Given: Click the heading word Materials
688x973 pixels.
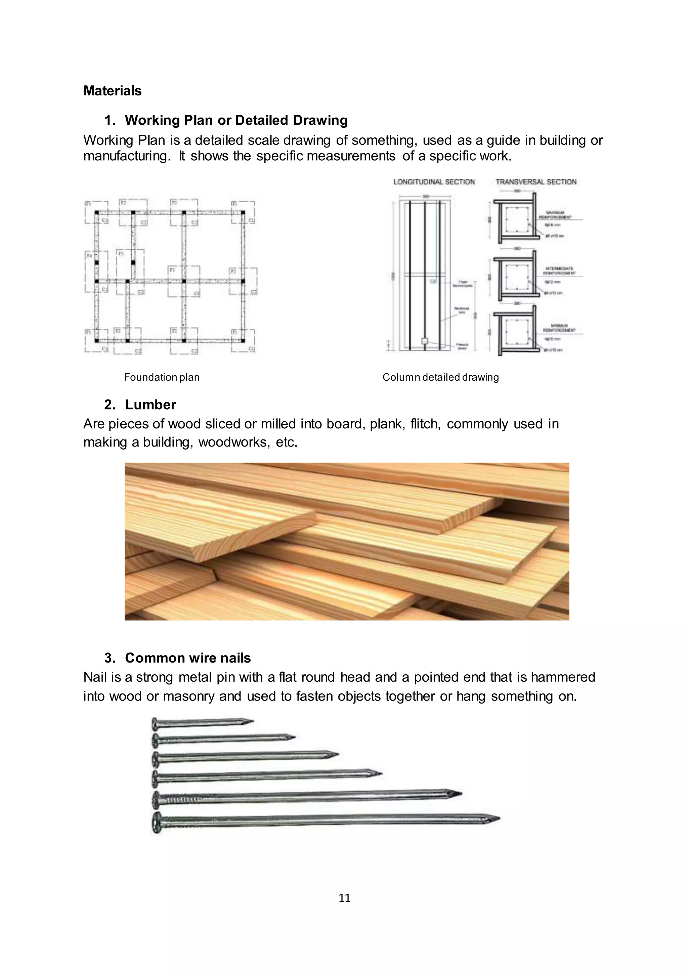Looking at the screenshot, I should pyautogui.click(x=112, y=91).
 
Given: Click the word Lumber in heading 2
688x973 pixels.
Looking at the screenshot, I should pyautogui.click(x=150, y=405).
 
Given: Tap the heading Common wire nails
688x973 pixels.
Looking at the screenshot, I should pyautogui.click(x=188, y=658).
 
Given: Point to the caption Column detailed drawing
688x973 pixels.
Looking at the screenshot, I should pyautogui.click(x=441, y=377).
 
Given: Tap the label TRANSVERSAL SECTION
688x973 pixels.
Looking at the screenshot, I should pyautogui.click(x=536, y=182).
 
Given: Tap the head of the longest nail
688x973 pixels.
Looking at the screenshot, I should pyautogui.click(x=156, y=823).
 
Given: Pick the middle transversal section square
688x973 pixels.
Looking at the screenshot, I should pyautogui.click(x=516, y=276).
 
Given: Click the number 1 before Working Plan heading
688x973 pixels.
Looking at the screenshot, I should pyautogui.click(x=109, y=120).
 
